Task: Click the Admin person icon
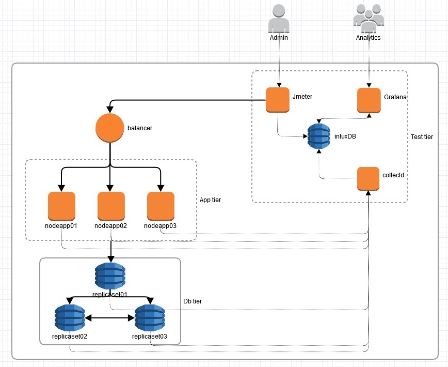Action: click(279, 19)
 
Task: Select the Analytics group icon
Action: click(369, 19)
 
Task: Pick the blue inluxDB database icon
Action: click(318, 136)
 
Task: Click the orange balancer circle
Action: click(110, 128)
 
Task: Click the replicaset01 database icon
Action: click(110, 277)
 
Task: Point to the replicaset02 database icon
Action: click(70, 318)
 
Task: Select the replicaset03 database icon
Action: click(150, 318)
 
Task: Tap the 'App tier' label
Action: click(210, 200)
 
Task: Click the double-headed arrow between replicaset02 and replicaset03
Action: click(109, 319)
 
